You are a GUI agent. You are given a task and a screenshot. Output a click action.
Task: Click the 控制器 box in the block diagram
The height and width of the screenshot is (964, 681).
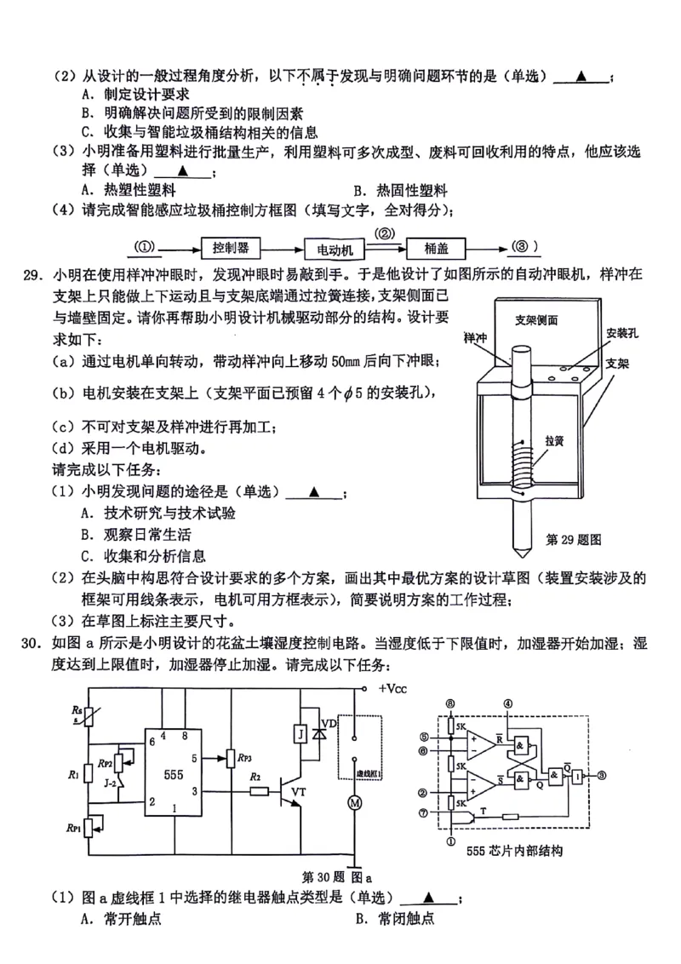pyautogui.click(x=231, y=248)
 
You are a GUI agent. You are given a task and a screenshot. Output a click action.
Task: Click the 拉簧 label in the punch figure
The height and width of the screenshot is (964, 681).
pyautogui.click(x=556, y=442)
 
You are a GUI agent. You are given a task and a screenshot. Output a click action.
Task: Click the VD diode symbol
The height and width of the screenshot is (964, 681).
pyautogui.click(x=323, y=732)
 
